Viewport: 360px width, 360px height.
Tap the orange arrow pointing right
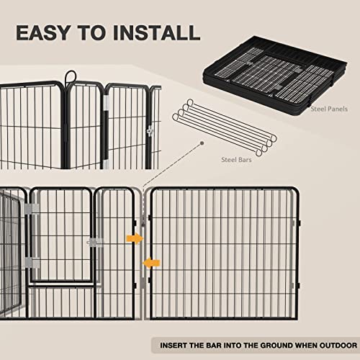tap(134, 238)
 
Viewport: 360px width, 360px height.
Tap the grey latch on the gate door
tap(93, 242)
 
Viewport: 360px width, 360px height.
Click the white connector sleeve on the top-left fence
tap(105, 107)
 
